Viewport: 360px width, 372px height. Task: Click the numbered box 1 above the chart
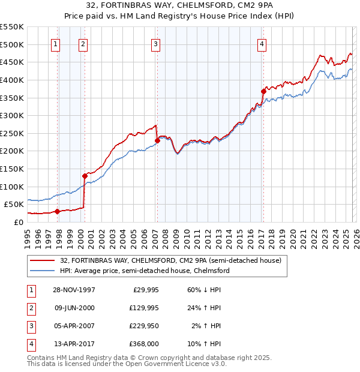(x=55, y=43)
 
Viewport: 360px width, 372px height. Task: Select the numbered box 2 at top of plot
(x=82, y=43)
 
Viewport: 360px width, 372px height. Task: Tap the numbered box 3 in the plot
(x=155, y=43)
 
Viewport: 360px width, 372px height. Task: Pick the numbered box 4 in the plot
(x=262, y=43)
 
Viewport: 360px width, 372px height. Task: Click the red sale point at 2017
(x=263, y=91)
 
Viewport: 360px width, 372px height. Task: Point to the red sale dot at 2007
(x=157, y=140)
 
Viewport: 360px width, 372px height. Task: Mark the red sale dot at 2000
(x=85, y=176)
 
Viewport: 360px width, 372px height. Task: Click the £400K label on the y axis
(x=11, y=80)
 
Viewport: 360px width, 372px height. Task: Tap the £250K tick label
(x=11, y=133)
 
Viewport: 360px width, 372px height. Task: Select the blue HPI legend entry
(x=145, y=271)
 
